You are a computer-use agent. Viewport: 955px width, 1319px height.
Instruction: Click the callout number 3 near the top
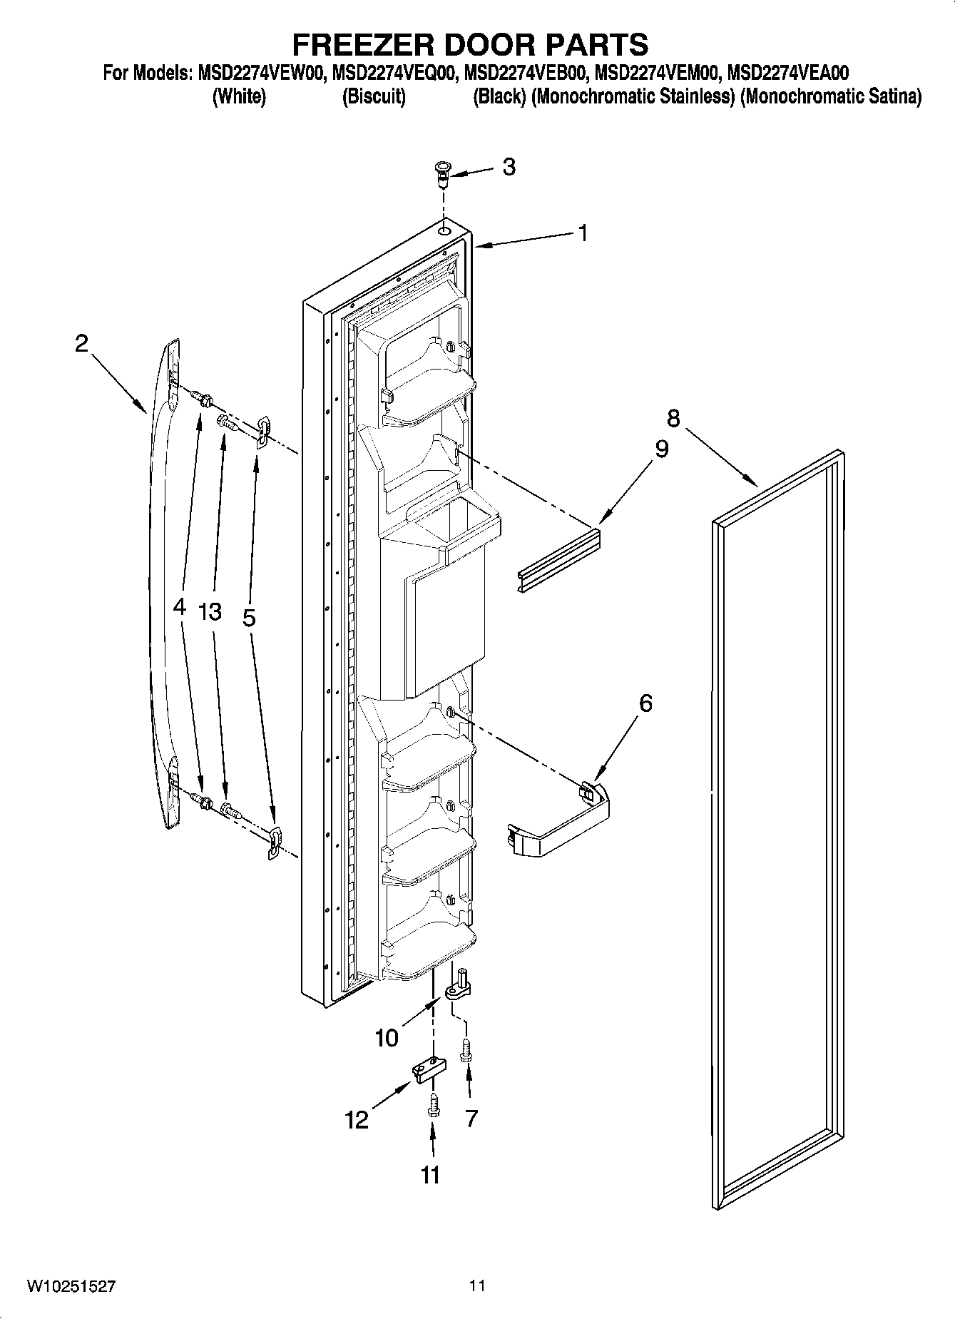[x=509, y=167]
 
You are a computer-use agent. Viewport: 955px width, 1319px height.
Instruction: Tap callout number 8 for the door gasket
[x=673, y=418]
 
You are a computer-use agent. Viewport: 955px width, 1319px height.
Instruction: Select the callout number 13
[x=210, y=611]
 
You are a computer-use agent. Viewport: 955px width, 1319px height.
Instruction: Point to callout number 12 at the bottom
[x=357, y=1120]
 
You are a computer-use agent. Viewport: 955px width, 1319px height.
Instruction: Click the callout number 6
[x=645, y=703]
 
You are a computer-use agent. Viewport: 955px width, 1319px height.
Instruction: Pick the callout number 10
[x=387, y=1037]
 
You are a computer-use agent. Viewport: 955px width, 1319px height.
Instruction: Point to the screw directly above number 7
[x=466, y=1051]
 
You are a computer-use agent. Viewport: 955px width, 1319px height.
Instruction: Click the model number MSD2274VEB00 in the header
[x=526, y=72]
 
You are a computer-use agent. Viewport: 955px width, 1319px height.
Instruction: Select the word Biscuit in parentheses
[x=374, y=97]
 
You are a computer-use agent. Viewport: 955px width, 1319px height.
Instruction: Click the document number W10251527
[x=71, y=1286]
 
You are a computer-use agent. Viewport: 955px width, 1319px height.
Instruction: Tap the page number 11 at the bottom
[x=476, y=1286]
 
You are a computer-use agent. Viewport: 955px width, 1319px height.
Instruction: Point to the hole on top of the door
[x=444, y=231]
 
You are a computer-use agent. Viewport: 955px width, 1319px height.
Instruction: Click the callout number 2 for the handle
[x=82, y=344]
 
